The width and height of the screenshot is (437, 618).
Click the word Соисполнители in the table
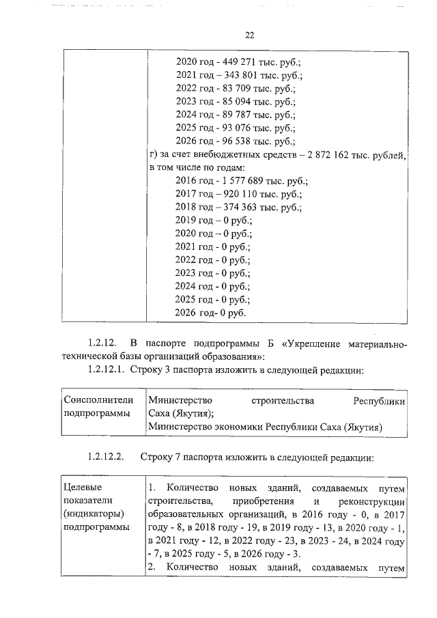pos(98,400)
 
